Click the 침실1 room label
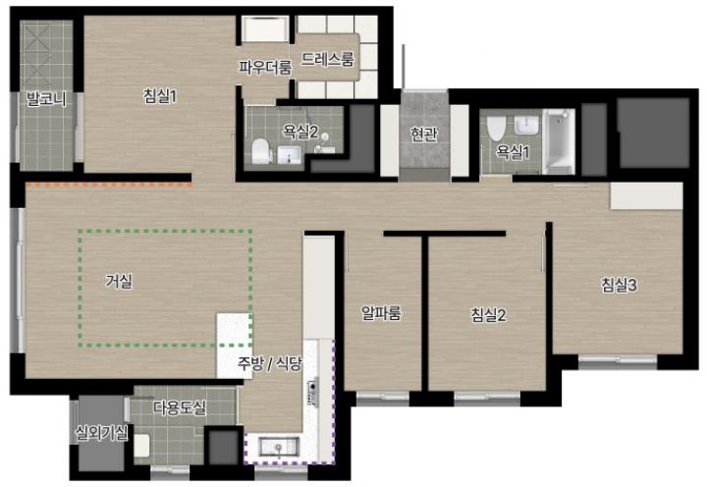pos(160,95)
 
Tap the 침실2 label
pos(488,314)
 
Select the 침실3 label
pos(619,285)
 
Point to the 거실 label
pos(119,282)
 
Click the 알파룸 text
pos(381,312)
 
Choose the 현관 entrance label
pos(424,134)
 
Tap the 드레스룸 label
pos(328,59)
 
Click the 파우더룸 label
pos(265,67)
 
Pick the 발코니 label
pos(46,99)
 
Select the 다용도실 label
pos(181,408)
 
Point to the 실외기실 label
pos(102,433)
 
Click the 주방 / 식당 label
pos(270,363)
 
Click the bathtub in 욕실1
pos(559,141)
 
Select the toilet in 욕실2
pos(261,151)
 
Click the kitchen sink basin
pos(279,447)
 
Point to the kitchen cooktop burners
pos(312,393)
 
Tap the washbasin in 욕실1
pos(526,125)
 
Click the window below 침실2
pos(487,398)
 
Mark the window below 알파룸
pos(383,398)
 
